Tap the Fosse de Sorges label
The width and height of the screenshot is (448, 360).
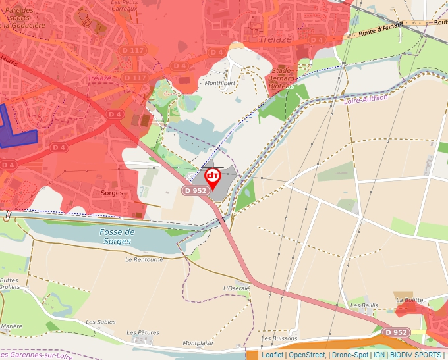[117, 236]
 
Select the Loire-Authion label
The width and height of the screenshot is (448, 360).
[366, 99]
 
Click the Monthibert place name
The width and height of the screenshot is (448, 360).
[219, 84]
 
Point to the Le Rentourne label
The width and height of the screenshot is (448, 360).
[144, 259]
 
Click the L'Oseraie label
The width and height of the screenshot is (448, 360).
[237, 288]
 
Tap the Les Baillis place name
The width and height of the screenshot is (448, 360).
[364, 305]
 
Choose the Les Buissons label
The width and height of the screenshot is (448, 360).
[279, 338]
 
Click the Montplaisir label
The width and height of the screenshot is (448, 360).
[200, 343]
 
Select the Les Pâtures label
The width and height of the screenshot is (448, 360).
[143, 332]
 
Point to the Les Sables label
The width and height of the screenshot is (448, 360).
[101, 322]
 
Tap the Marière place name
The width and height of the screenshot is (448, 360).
[12, 326]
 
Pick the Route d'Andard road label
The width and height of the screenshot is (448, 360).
[381, 30]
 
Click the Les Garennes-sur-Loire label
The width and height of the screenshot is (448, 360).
[36, 355]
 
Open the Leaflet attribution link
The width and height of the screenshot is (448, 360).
[272, 355]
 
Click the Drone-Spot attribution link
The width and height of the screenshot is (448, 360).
[350, 355]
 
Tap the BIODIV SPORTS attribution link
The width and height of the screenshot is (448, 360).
[416, 355]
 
